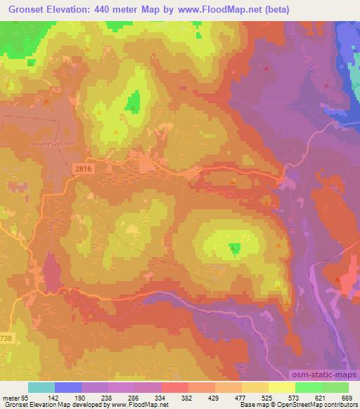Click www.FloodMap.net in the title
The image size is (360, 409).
click(219, 10)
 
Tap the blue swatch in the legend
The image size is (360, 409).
click(68, 387)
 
